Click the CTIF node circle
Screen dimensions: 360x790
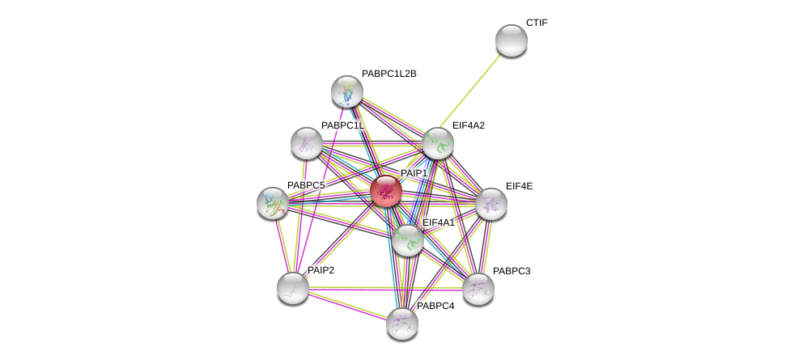pyautogui.click(x=511, y=40)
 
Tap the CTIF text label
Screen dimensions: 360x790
pyautogui.click(x=537, y=23)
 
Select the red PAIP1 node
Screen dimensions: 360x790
pyautogui.click(x=386, y=191)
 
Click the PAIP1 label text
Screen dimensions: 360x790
pyautogui.click(x=414, y=173)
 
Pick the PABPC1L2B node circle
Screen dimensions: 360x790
pyautogui.click(x=346, y=91)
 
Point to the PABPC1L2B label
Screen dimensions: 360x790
pyautogui.click(x=389, y=74)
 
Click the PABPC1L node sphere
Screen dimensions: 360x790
pyautogui.click(x=307, y=143)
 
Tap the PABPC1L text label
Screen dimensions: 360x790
pyautogui.click(x=342, y=125)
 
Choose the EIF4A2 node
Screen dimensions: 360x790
pyautogui.click(x=437, y=143)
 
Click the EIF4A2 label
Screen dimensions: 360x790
pyautogui.click(x=469, y=125)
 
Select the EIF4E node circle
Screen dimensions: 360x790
pyautogui.click(x=491, y=204)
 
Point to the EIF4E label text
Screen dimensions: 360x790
pyautogui.click(x=519, y=186)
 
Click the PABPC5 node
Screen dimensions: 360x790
pyautogui.click(x=273, y=203)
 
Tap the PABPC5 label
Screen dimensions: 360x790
pyautogui.click(x=306, y=185)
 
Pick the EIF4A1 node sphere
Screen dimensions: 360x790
pyautogui.click(x=407, y=239)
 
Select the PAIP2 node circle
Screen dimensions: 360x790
pyautogui.click(x=292, y=287)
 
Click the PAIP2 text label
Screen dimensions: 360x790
pyautogui.click(x=320, y=269)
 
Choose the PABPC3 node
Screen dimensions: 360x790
pyautogui.click(x=478, y=288)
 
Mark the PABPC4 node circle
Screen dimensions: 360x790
pyautogui.click(x=401, y=323)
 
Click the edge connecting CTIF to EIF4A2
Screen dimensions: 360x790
pyautogui.click(x=474, y=91)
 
